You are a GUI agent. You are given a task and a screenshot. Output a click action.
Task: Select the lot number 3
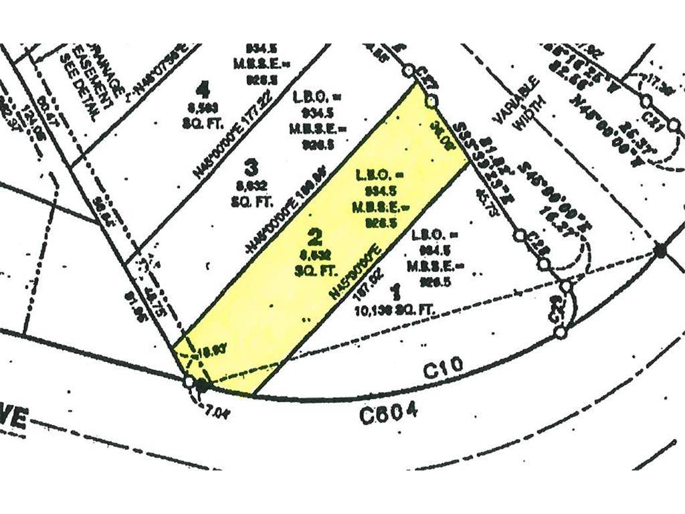[x=250, y=165]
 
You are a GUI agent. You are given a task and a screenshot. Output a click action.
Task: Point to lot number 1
[x=395, y=290]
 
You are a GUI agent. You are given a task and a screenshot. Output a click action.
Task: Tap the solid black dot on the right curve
[x=660, y=250]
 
